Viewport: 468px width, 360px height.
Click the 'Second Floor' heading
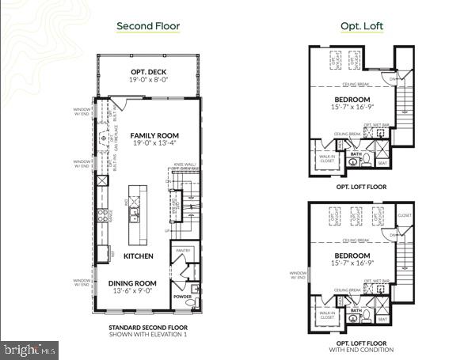click(x=148, y=26)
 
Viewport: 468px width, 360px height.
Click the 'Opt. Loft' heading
click(x=362, y=26)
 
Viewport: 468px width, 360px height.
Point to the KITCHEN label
click(x=138, y=256)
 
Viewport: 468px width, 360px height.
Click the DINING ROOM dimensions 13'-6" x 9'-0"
click(x=134, y=291)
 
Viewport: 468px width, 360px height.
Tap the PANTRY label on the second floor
click(x=184, y=251)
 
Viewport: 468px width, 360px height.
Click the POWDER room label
click(x=183, y=298)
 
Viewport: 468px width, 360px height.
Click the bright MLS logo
click(x=30, y=347)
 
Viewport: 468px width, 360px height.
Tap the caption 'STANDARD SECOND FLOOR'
click(x=147, y=327)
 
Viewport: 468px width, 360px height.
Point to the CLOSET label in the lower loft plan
click(x=405, y=215)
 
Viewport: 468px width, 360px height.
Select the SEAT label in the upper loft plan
click(x=382, y=164)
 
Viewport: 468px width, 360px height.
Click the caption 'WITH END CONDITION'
click(x=361, y=349)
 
